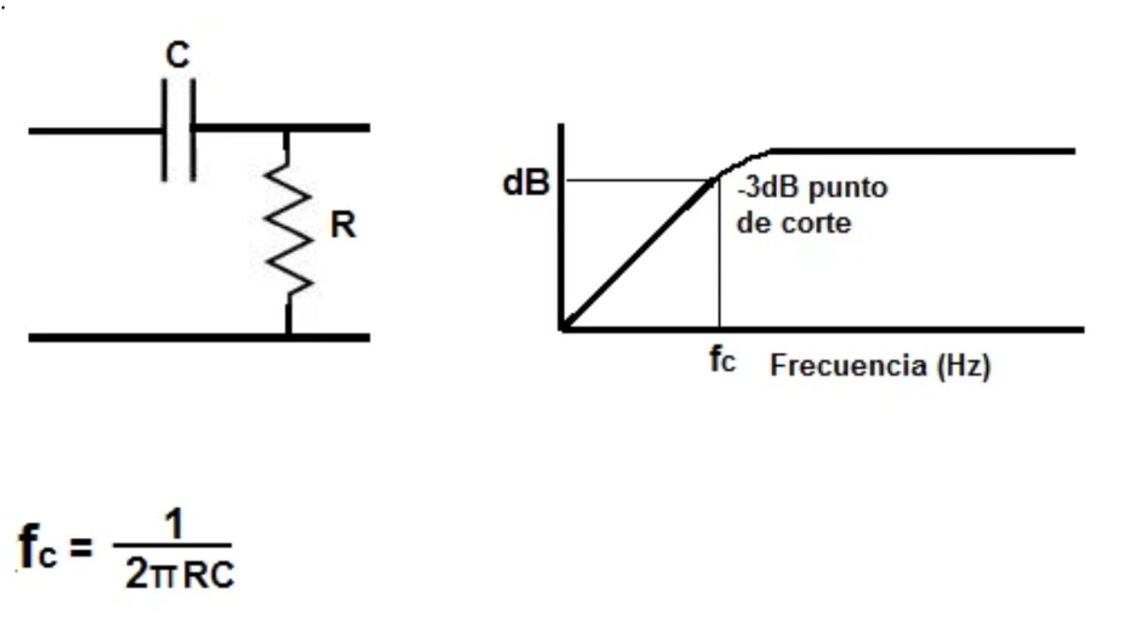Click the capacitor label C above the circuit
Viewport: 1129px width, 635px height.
pyautogui.click(x=178, y=55)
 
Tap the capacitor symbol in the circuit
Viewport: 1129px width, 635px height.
pyautogui.click(x=179, y=129)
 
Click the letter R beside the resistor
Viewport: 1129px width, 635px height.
pyautogui.click(x=343, y=227)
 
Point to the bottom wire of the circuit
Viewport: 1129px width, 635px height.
pyautogui.click(x=198, y=337)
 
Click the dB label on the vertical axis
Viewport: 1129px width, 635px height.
pyautogui.click(x=526, y=184)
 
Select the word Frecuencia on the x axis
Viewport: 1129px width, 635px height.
pyautogui.click(x=848, y=366)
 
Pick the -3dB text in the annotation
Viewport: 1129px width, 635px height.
pyautogui.click(x=757, y=187)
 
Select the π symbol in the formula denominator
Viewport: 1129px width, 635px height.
pyautogui.click(x=163, y=576)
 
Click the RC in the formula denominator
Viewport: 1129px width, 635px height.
pyautogui.click(x=208, y=576)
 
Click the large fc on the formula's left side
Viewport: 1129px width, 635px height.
pyautogui.click(x=39, y=548)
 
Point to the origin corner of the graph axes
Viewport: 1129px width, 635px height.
pyautogui.click(x=562, y=329)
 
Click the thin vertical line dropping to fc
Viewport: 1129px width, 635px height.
pyautogui.click(x=719, y=263)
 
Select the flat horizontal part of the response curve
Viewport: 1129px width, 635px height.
pyautogui.click(x=922, y=151)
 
